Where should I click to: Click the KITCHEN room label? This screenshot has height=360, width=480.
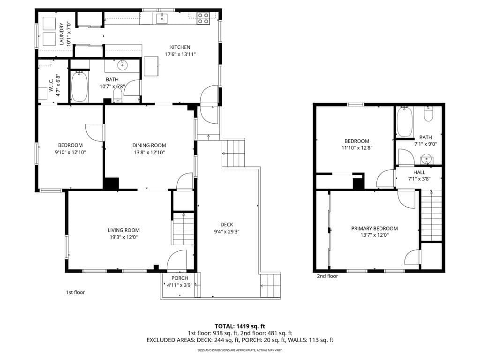180,47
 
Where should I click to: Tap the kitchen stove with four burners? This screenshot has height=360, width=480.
203,18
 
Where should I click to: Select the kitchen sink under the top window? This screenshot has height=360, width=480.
162,18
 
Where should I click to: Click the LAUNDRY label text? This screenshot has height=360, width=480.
61,34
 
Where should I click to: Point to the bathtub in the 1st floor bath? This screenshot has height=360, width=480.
80,87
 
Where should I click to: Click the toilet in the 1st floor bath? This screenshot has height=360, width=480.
118,95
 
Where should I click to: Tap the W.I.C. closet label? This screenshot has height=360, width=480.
51,85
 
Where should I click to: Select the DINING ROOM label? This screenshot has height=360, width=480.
149,145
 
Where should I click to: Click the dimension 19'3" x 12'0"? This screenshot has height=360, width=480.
124,237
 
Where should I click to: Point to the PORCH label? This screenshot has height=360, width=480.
180,278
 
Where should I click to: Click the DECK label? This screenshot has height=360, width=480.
226,225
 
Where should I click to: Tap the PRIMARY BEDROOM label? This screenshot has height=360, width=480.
375,228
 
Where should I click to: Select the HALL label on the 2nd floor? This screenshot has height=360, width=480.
419,172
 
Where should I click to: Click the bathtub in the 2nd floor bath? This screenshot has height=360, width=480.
405,121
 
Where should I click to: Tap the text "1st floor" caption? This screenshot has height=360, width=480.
75,292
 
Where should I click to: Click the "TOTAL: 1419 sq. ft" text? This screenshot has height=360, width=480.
240,326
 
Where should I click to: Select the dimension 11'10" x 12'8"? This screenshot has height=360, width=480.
357,148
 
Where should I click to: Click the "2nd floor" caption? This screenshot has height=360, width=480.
327,276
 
